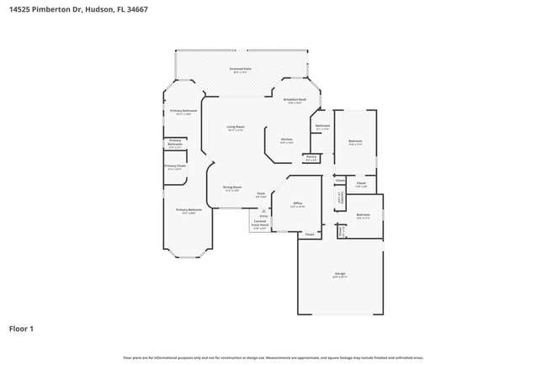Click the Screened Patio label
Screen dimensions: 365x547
click(242, 69)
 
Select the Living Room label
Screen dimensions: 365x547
click(235, 128)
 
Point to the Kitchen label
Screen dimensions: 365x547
click(286, 140)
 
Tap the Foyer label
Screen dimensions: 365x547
click(261, 194)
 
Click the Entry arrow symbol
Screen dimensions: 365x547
click(263, 209)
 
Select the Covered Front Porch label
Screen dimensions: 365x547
click(260, 225)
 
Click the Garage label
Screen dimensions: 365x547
click(340, 275)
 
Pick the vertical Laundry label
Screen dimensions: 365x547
click(338, 198)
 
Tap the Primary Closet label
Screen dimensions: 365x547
click(175, 167)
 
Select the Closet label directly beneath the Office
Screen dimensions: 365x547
click(309, 234)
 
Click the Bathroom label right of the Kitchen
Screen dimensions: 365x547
click(322, 127)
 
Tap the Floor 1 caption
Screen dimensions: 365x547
click(21, 328)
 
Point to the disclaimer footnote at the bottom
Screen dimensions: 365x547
click(273, 357)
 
